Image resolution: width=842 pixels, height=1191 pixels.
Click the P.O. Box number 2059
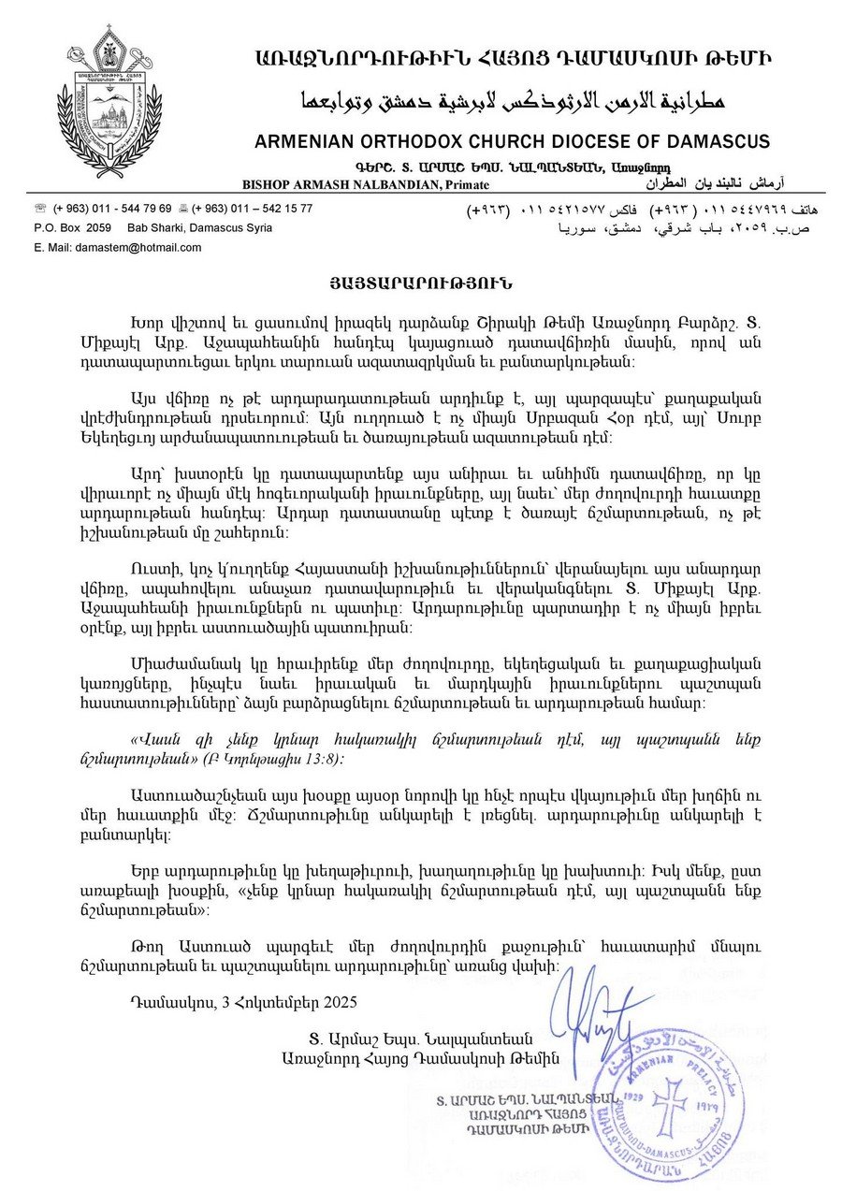click(x=97, y=227)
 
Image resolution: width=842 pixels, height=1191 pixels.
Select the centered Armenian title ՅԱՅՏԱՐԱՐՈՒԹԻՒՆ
click(x=420, y=282)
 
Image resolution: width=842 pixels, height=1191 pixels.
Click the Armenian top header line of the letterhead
click(x=513, y=58)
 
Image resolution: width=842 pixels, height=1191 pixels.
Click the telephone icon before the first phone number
click(x=40, y=209)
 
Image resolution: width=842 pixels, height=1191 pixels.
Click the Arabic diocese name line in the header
click(x=513, y=99)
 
